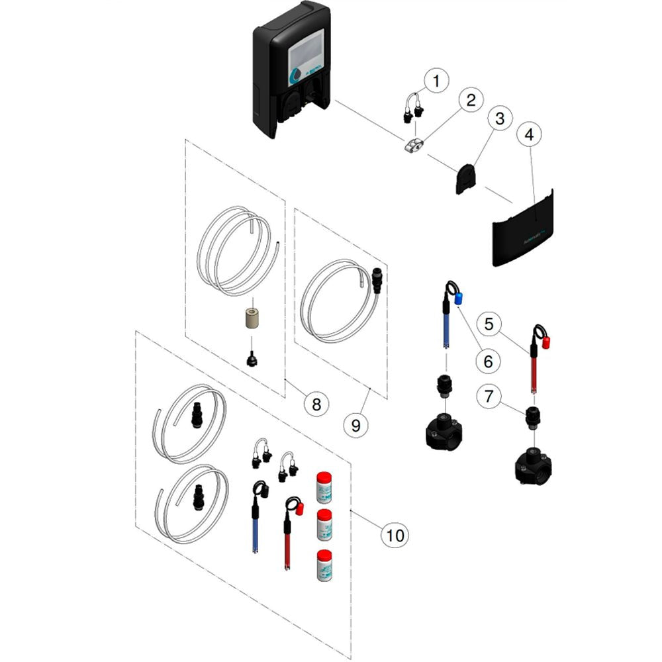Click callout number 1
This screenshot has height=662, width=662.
(x=436, y=81)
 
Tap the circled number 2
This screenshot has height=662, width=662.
(x=470, y=101)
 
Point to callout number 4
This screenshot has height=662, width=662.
(x=528, y=134)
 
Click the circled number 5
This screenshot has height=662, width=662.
(x=489, y=324)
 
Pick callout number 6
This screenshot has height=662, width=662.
(x=487, y=361)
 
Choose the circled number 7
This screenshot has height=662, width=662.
(x=489, y=397)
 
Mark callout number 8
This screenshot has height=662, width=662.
(x=316, y=403)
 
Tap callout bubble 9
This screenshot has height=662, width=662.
(x=355, y=424)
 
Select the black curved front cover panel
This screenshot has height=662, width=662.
(x=523, y=232)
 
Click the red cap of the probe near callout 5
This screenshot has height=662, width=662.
(x=547, y=342)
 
